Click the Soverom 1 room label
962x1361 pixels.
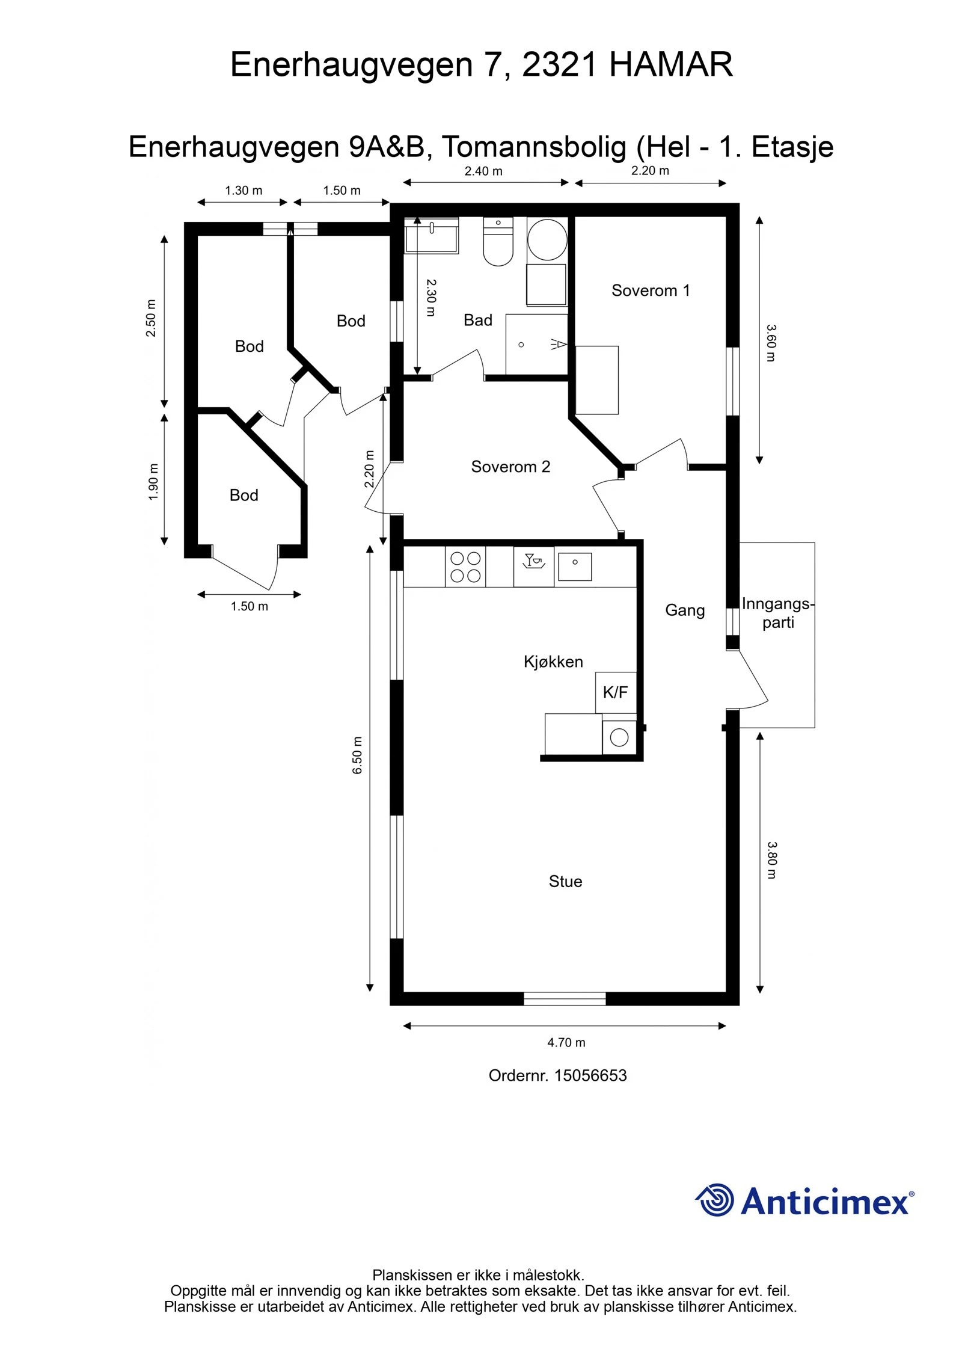651,290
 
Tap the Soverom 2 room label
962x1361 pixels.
510,467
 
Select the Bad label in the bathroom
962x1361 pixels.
478,320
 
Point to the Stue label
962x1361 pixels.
565,882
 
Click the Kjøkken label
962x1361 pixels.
553,662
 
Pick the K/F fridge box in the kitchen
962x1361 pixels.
616,692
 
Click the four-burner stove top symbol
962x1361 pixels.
465,567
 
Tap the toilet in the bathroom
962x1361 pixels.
498,242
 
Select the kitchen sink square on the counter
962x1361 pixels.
575,567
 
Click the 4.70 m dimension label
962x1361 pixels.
566,1042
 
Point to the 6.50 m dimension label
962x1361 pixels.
357,755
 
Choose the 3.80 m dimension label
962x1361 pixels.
772,860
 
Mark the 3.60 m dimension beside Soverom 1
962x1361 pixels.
771,343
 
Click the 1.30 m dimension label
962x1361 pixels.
244,191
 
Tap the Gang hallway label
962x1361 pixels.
685,610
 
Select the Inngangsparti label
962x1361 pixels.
777,613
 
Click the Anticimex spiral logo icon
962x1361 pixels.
715,1200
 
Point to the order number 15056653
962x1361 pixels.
590,1075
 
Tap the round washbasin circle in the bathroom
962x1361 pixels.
547,239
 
